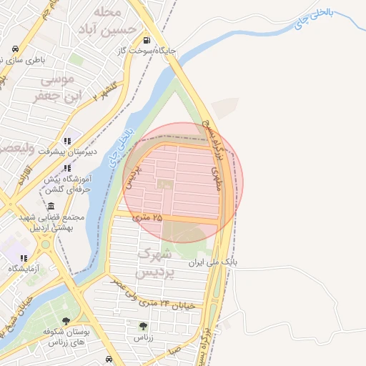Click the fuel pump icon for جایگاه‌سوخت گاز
pos(147,41)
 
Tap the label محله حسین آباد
pos(108,20)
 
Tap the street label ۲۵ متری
pos(148,216)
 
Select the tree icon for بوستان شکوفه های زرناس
pos(66,322)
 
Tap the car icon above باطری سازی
pos(15,50)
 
